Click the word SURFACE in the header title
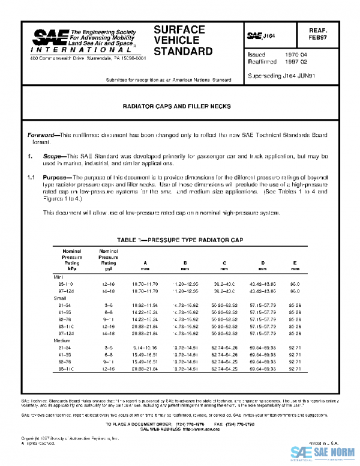coord(179,29)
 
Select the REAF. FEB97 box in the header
coord(334,33)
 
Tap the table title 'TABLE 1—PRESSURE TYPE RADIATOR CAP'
coord(180,239)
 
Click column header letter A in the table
coord(145,262)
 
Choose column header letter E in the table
coord(294,262)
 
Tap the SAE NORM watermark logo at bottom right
coord(324,452)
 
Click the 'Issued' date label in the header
coord(256,54)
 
